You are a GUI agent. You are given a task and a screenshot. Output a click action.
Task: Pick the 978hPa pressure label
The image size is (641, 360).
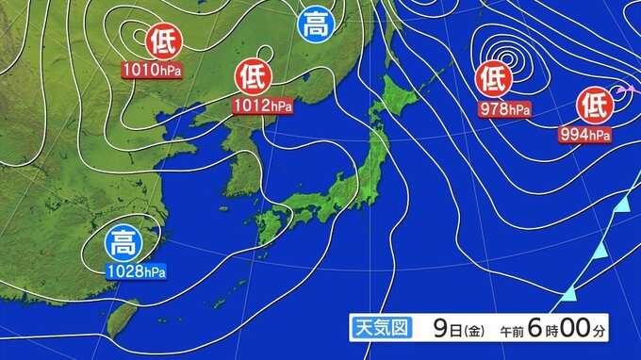505,109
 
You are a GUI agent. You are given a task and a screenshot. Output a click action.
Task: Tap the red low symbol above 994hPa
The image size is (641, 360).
596,101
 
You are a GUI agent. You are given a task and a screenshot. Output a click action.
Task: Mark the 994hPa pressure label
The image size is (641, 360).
584,135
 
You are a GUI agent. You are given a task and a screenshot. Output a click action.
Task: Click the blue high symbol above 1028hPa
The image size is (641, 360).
123,244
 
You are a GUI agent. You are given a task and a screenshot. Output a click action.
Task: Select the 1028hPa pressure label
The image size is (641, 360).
138,272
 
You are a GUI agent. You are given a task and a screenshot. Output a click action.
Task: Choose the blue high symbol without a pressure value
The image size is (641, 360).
316,25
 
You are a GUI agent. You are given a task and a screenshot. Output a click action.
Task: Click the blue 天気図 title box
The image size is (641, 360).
379,329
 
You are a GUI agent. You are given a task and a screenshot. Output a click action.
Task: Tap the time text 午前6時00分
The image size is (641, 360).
548,329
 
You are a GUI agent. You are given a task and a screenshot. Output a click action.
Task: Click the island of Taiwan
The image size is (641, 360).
119,318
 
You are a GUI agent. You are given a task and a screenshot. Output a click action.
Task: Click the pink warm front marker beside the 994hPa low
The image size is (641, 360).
621,90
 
